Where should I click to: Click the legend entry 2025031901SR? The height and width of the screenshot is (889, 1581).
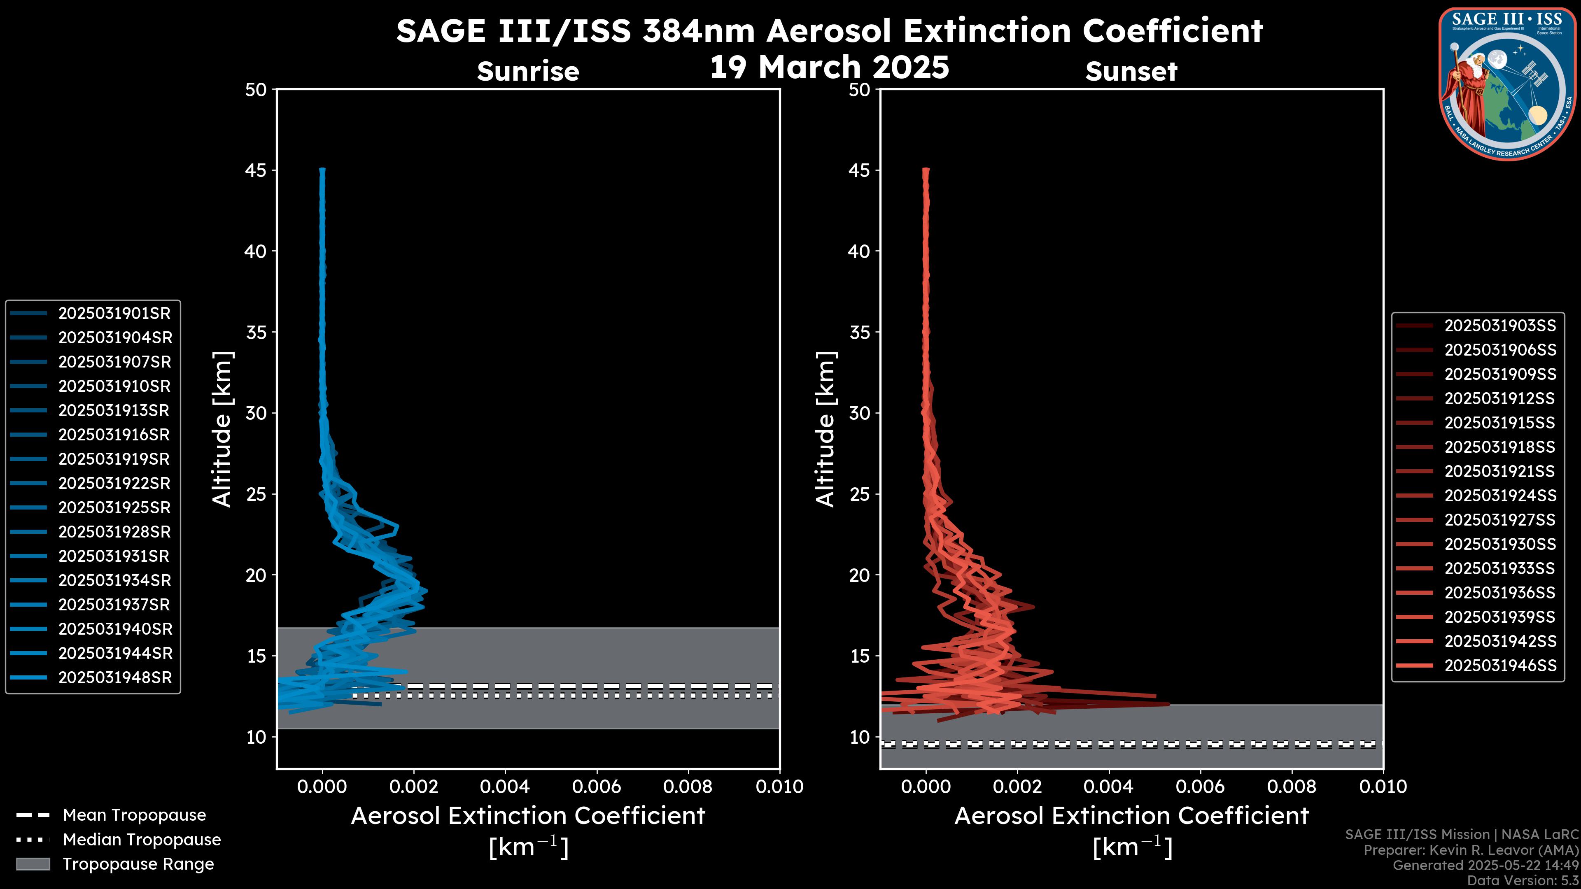(114, 314)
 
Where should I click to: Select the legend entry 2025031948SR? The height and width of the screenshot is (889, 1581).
(115, 678)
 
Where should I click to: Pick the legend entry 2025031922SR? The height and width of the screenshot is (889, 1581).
(114, 484)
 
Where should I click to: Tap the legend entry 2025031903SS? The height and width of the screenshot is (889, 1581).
(1500, 326)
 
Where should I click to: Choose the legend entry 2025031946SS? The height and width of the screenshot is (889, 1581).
(1500, 666)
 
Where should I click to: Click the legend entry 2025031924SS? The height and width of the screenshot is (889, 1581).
(1500, 496)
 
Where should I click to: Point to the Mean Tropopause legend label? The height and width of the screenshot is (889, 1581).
(134, 815)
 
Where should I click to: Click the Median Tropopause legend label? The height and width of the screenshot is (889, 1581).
(142, 840)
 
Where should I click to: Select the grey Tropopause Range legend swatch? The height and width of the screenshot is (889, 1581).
(33, 864)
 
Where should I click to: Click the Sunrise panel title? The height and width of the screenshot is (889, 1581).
(528, 72)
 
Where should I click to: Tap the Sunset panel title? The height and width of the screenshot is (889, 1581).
(1131, 72)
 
